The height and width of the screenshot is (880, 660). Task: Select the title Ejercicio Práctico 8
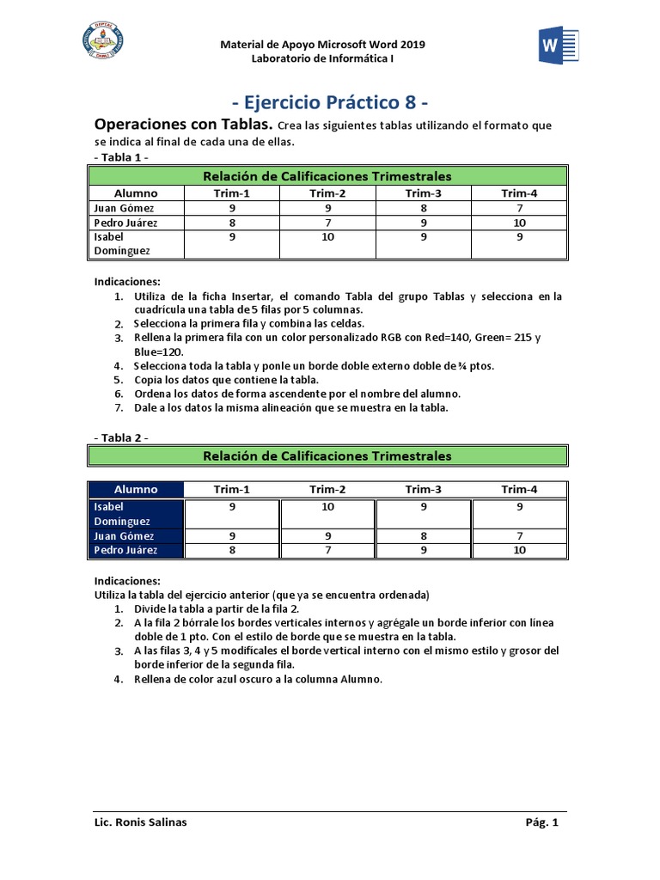pyautogui.click(x=330, y=103)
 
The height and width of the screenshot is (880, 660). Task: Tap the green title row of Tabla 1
pyautogui.click(x=327, y=175)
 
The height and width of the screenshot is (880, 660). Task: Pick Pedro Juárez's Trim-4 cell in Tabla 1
pyautogui.click(x=519, y=223)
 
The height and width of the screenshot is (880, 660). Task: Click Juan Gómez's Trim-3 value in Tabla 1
pyautogui.click(x=423, y=208)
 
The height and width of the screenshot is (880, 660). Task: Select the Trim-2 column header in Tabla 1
pyautogui.click(x=327, y=192)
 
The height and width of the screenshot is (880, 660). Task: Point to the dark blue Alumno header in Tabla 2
pyautogui.click(x=136, y=489)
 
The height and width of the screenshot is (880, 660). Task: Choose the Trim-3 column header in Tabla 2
pyautogui.click(x=423, y=489)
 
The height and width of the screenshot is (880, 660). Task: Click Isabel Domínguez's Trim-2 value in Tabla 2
pyautogui.click(x=327, y=507)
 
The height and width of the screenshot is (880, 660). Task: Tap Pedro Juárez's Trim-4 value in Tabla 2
pyautogui.click(x=519, y=550)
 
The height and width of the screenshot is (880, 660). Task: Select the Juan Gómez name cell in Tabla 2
pyautogui.click(x=136, y=535)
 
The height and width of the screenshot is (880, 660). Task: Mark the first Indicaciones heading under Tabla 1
pyautogui.click(x=126, y=281)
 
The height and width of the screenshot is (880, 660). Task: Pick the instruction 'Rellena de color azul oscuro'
pyautogui.click(x=257, y=679)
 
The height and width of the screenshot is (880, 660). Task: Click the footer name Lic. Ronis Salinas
pyautogui.click(x=140, y=822)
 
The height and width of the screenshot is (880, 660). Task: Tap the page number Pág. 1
pyautogui.click(x=541, y=822)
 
